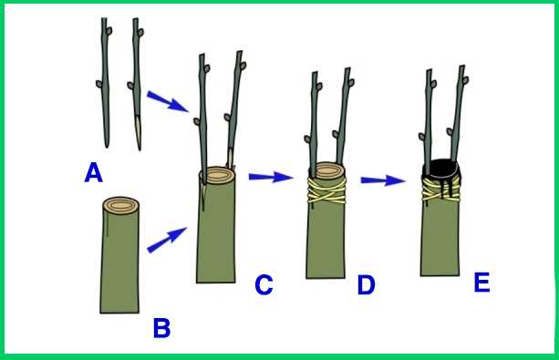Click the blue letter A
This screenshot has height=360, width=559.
click(94, 172)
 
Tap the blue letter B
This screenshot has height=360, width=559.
click(161, 328)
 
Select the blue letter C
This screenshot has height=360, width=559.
click(264, 284)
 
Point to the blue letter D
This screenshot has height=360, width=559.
click(366, 284)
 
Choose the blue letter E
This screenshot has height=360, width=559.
click(481, 283)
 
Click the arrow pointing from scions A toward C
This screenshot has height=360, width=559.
click(168, 101)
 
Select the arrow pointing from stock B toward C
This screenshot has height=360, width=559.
click(167, 240)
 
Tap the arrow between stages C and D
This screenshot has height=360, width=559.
click(271, 177)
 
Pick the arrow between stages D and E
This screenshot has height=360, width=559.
click(383, 180)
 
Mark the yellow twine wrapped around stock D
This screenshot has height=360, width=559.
click(326, 190)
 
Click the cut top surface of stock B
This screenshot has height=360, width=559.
click(121, 205)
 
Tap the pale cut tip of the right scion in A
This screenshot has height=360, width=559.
click(138, 131)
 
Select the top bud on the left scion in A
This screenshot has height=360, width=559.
click(109, 31)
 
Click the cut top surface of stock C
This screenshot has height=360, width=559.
click(218, 175)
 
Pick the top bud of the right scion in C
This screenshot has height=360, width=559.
click(243, 66)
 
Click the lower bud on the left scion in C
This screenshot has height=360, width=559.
click(197, 121)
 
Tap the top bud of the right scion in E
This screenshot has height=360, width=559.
click(466, 80)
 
